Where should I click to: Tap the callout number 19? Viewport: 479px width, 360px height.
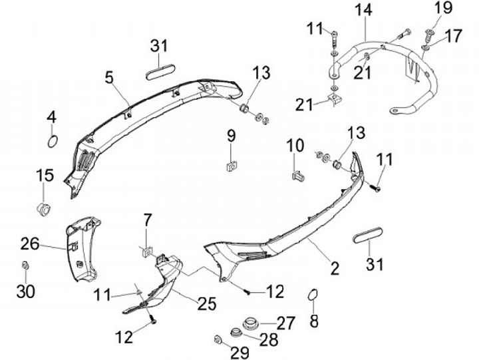point(442,9)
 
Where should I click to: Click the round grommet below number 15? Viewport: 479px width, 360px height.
point(45,208)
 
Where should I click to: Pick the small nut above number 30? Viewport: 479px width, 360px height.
point(25,267)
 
